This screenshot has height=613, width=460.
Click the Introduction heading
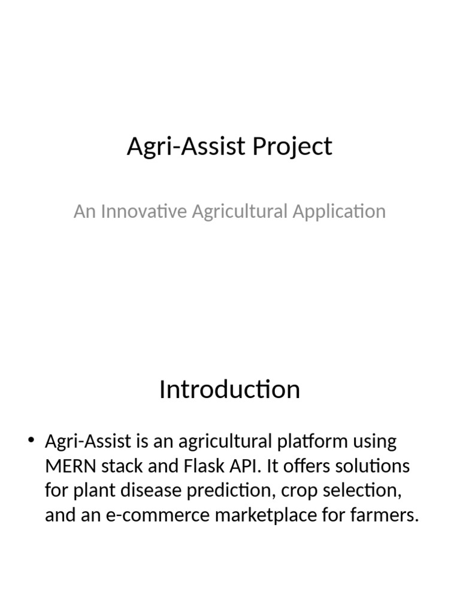tap(229, 390)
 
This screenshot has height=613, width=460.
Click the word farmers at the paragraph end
tap(387, 515)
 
